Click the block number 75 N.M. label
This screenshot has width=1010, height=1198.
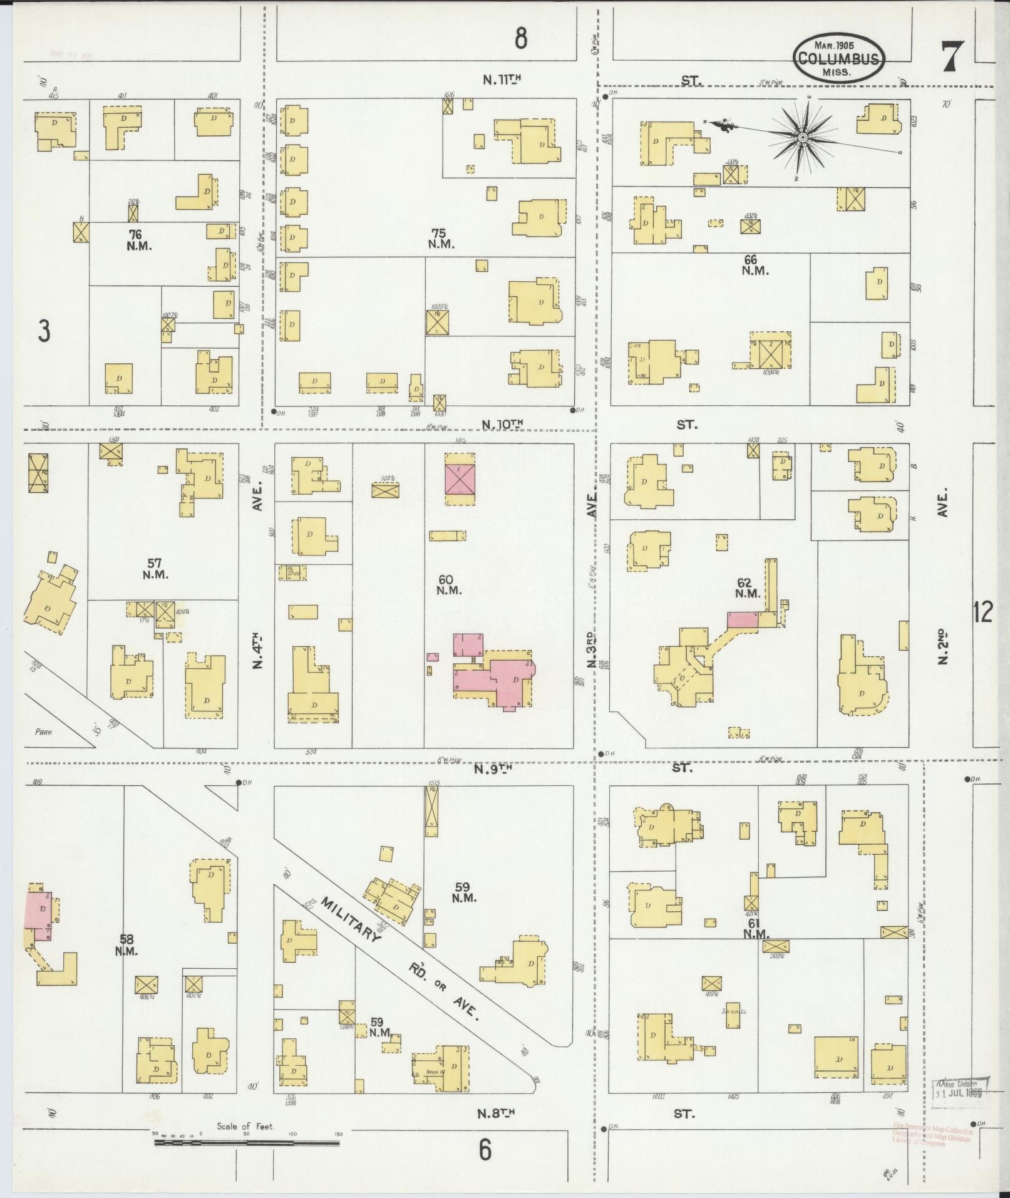coord(441,239)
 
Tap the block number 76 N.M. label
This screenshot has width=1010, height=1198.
coord(138,240)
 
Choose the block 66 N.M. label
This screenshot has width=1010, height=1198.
coord(755,265)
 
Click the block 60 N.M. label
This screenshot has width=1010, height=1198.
coord(448,584)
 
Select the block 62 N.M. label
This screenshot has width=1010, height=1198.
coord(747,587)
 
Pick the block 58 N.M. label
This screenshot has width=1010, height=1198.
coord(127,962)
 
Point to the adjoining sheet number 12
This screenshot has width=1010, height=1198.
coord(983,612)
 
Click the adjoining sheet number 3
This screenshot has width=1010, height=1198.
coord(43,331)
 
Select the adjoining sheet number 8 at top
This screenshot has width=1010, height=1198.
coord(520,39)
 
